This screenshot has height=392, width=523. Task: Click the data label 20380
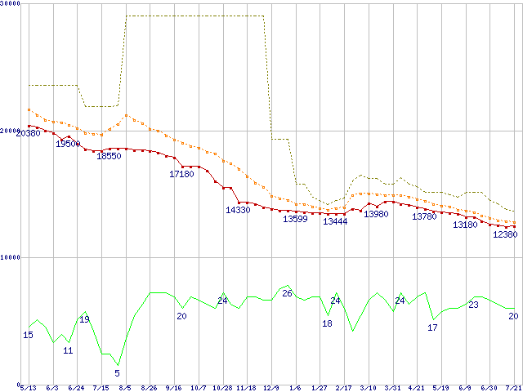click(28, 133)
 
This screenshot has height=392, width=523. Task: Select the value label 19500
click(68, 144)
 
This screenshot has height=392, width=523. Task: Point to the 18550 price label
click(109, 156)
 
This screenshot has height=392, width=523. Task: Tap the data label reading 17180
click(181, 174)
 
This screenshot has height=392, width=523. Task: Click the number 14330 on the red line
click(238, 210)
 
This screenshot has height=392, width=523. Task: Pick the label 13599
click(296, 219)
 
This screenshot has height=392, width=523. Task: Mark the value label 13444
click(335, 221)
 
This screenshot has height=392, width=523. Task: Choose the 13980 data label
click(376, 214)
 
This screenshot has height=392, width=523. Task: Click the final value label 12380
click(505, 234)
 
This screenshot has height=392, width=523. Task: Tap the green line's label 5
click(117, 373)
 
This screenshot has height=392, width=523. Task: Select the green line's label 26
click(287, 293)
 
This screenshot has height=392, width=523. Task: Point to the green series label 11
click(68, 350)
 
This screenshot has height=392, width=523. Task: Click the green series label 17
click(433, 327)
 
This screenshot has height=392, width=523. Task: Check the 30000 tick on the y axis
click(11, 4)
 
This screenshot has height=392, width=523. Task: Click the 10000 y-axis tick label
click(11, 257)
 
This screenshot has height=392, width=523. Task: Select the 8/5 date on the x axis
click(125, 388)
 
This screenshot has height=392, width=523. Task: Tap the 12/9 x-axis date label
click(270, 388)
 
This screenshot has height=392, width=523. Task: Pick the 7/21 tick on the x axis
click(514, 388)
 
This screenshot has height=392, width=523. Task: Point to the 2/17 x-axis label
click(343, 388)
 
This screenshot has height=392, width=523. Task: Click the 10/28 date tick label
click(222, 388)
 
